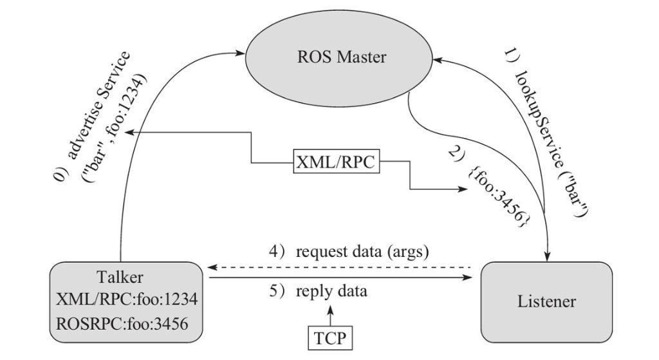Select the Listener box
click(546, 301)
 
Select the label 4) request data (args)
click(348, 251)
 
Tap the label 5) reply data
click(318, 291)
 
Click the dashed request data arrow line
click(341, 267)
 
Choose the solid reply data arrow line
click(341, 278)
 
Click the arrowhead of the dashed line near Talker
click(211, 267)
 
